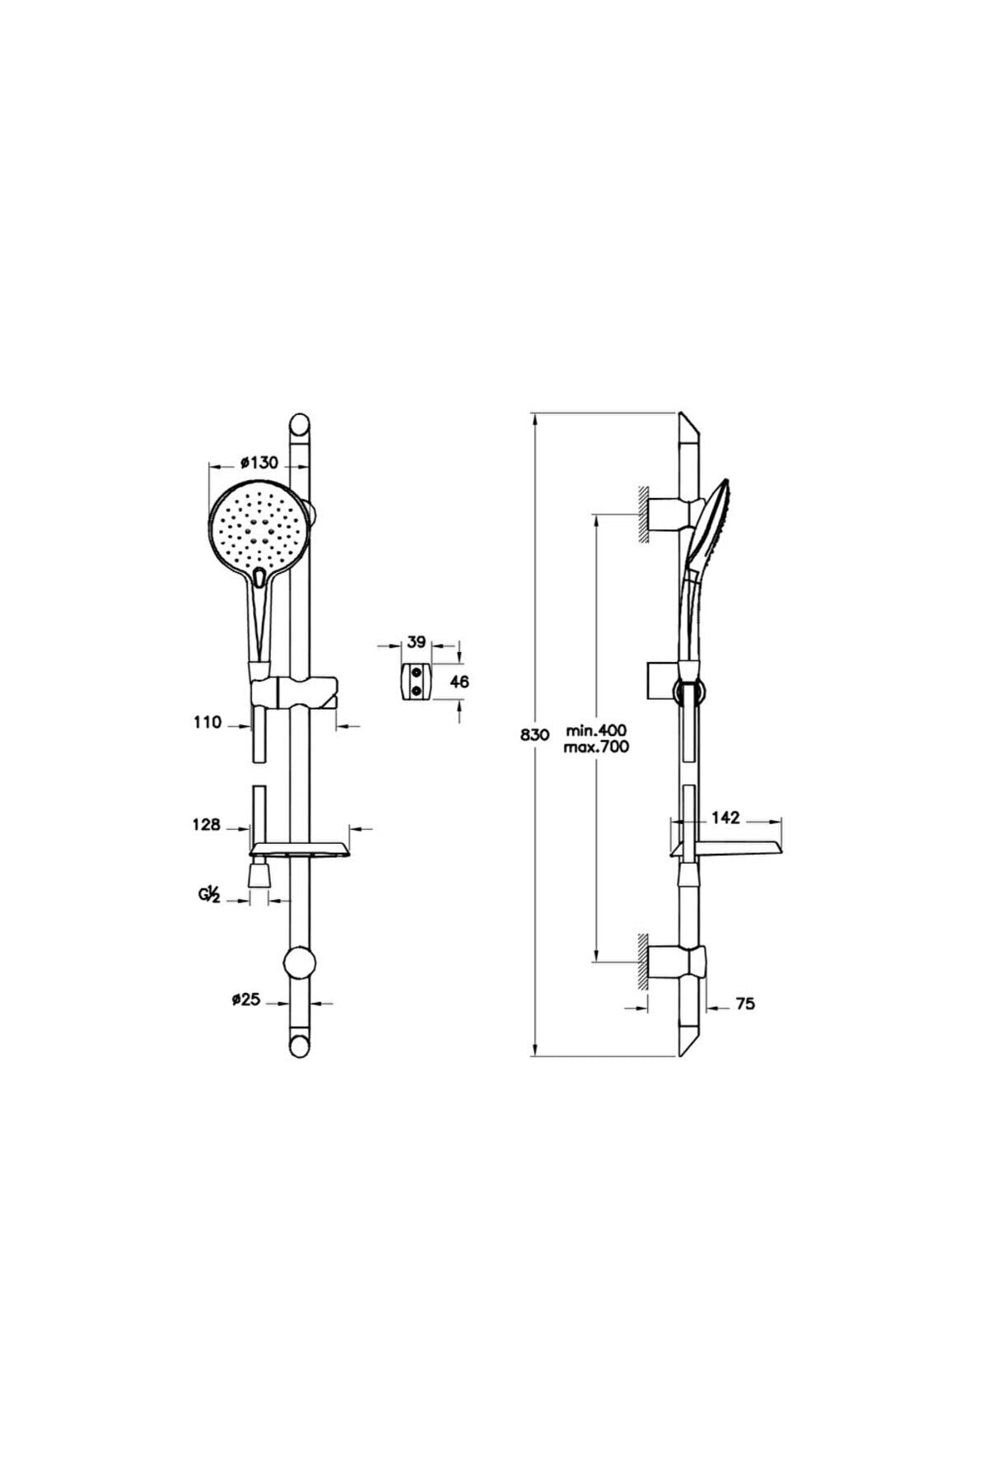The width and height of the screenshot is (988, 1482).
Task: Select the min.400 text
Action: [x=597, y=730]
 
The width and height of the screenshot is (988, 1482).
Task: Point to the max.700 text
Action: [x=597, y=747]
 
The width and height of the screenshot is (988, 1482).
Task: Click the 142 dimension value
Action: [x=727, y=818]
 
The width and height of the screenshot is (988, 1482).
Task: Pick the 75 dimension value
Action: [x=746, y=1004]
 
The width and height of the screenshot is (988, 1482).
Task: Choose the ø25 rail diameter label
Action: [x=245, y=1000]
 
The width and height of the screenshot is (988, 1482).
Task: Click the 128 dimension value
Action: [x=207, y=824]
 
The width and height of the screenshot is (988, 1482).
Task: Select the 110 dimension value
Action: [x=207, y=722]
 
